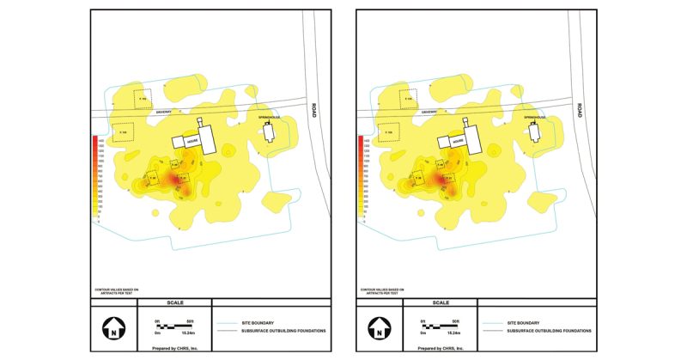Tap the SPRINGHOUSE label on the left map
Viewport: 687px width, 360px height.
(268, 115)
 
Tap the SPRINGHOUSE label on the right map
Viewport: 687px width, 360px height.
(532, 115)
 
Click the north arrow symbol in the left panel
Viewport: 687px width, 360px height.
(112, 328)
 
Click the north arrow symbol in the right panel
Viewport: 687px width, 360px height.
(376, 328)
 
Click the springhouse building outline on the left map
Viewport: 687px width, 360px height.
(268, 131)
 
